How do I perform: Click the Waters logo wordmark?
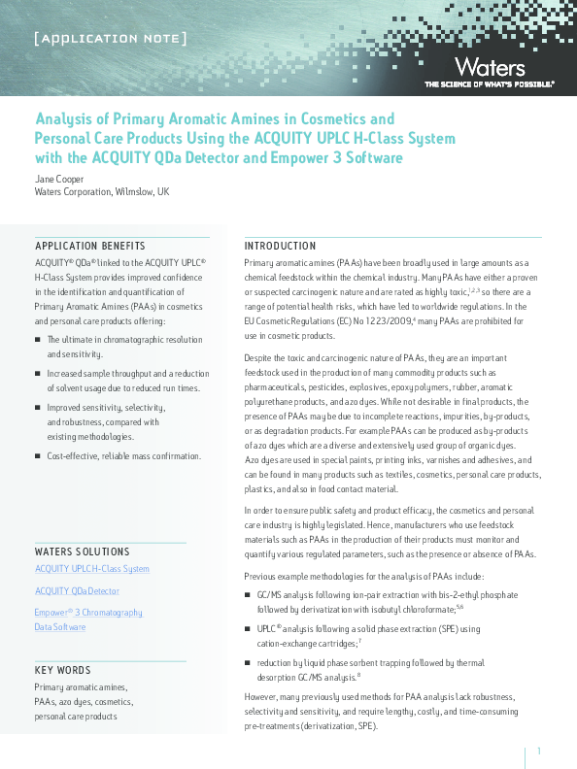[x=489, y=67]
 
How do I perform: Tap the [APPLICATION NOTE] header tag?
[x=110, y=39]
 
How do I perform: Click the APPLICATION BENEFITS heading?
[x=90, y=246]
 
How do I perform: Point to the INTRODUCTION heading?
[x=280, y=246]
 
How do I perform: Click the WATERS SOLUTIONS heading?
[x=82, y=551]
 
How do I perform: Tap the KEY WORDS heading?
[x=63, y=671]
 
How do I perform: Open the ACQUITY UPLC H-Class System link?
[x=92, y=569]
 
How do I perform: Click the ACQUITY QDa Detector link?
[x=78, y=590]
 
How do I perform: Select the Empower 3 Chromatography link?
[x=88, y=612]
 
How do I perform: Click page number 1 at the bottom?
[x=538, y=751]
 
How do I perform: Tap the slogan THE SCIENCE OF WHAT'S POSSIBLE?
[x=489, y=84]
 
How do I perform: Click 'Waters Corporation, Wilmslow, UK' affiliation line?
[x=102, y=192]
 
